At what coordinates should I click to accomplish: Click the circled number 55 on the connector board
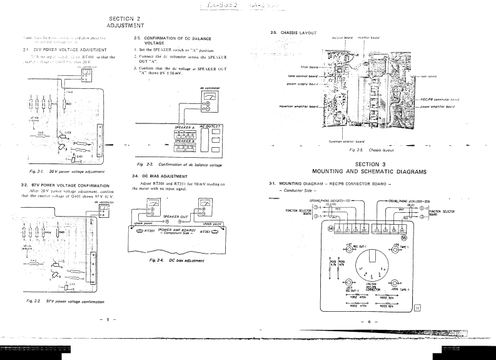click(403, 237)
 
